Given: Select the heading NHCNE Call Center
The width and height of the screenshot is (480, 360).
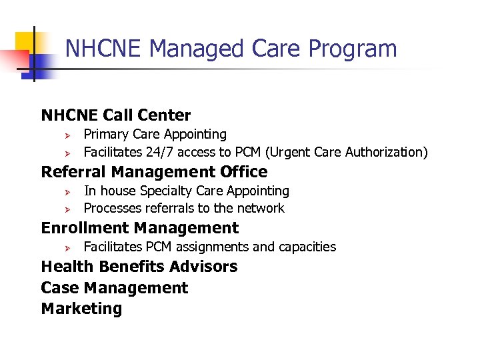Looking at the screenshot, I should click(116, 115).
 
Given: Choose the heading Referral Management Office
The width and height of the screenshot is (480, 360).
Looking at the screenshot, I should click(154, 172).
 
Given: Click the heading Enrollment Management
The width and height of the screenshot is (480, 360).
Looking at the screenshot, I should click(140, 228).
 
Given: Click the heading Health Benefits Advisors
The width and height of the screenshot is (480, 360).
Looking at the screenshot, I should click(139, 267).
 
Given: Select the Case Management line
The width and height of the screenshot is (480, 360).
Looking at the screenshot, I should click(115, 288).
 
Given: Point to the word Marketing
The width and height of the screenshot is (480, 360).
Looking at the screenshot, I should click(81, 309).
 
